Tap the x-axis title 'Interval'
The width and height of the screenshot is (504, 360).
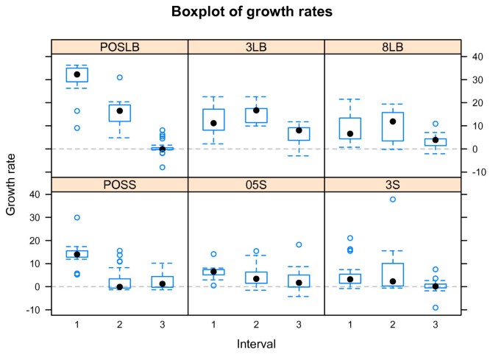(x=256, y=344)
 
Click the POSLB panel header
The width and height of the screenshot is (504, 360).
(x=119, y=46)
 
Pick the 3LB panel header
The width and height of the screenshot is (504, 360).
(x=256, y=46)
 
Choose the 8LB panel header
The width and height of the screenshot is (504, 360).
(x=392, y=46)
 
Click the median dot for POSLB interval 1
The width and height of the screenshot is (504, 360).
(x=77, y=74)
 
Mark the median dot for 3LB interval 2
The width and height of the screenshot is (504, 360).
(x=256, y=110)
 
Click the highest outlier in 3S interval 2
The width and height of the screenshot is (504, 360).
(x=392, y=200)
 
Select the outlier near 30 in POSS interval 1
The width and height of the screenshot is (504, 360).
(x=77, y=218)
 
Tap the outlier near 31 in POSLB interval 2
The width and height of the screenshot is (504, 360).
(x=119, y=77)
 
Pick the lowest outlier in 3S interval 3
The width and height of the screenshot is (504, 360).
(x=435, y=308)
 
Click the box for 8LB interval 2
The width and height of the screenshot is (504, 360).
(x=392, y=126)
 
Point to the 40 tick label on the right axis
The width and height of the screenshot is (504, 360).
(x=477, y=57)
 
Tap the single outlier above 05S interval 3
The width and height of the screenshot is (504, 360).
(x=299, y=244)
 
